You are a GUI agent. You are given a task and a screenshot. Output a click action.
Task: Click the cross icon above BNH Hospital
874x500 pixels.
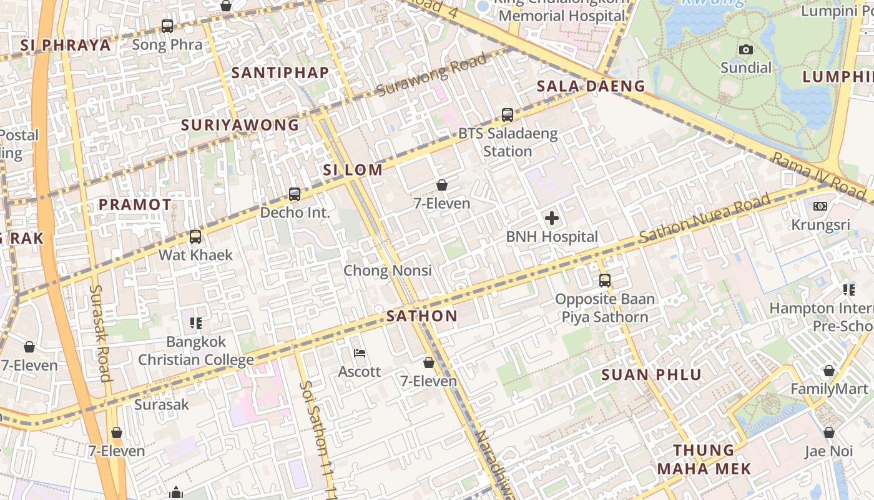552,218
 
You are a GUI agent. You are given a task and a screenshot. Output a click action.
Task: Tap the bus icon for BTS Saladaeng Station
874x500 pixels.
508,115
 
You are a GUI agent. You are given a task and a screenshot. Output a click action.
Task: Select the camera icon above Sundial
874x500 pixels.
745,50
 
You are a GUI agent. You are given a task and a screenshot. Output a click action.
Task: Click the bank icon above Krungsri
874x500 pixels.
820,206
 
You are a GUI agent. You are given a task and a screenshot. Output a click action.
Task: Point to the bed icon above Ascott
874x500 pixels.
360,353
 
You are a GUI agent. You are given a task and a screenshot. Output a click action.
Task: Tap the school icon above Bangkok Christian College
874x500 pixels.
196,323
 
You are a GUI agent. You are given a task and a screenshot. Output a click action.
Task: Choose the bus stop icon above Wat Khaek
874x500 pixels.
195,237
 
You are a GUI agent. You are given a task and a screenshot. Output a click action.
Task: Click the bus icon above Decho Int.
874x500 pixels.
295,194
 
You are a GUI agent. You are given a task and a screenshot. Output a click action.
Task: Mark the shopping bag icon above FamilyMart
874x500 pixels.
828,371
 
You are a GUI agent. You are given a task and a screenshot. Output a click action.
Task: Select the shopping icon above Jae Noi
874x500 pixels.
828,432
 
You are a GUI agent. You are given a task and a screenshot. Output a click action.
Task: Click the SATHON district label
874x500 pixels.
422,316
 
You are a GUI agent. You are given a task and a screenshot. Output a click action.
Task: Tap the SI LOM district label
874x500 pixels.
353,170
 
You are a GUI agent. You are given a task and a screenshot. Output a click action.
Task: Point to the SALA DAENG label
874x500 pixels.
591,87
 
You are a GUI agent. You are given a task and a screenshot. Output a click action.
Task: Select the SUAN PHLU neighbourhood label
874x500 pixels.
652,375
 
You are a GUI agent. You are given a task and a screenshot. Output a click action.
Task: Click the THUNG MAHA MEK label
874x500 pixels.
704,459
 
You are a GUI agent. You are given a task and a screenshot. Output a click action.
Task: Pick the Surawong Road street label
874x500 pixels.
432,76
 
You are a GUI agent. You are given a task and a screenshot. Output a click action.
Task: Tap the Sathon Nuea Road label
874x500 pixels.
704,219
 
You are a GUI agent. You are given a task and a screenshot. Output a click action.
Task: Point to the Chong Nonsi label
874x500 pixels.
388,271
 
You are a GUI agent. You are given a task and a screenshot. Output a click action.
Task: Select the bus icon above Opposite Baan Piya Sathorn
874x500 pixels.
604,281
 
